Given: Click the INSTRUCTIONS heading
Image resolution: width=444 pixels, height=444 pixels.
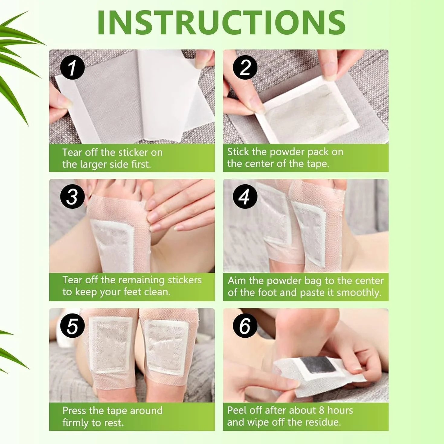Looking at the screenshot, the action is coord(221,22).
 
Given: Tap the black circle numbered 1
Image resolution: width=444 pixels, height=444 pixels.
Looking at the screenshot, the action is coord(72,68).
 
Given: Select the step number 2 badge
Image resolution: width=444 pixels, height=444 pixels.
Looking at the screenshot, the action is coord(245,68).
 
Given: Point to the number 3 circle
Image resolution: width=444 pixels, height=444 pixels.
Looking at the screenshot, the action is coord(72,197).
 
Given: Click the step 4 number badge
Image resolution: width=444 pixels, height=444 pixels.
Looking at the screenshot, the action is coord(245,197).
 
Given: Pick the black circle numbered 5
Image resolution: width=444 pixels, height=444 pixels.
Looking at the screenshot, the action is coord(72,326).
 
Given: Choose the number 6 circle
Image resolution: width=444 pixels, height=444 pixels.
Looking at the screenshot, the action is coord(245,326).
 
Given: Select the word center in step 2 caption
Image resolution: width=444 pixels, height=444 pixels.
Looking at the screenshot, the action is coord(259,164).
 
